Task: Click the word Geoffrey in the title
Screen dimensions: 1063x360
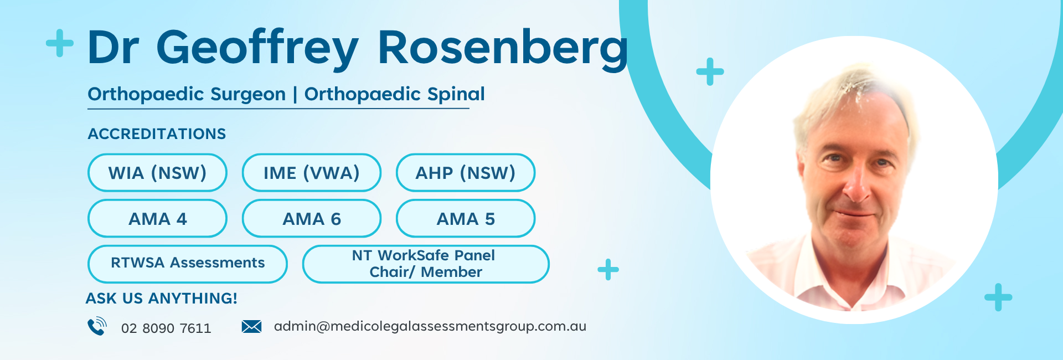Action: click(257, 49)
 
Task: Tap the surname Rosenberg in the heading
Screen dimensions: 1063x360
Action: click(503, 49)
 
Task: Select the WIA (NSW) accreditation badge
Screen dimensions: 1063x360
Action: click(157, 173)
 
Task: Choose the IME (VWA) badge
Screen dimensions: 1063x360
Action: click(312, 173)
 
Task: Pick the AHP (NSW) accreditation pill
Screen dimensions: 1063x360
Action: click(466, 173)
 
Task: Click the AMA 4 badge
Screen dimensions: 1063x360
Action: click(157, 219)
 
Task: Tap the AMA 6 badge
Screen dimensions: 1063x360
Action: click(312, 219)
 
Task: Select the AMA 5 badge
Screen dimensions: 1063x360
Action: click(466, 219)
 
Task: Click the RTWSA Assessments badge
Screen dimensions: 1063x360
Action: click(188, 264)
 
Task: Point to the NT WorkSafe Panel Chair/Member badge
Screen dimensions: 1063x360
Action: click(426, 264)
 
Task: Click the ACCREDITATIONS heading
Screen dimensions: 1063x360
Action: click(157, 134)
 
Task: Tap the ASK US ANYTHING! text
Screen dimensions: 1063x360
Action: click(161, 299)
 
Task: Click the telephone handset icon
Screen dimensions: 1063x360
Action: click(97, 326)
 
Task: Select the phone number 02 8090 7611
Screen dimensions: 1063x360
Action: click(166, 328)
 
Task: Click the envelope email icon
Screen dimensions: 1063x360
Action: click(251, 326)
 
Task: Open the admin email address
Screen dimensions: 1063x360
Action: click(430, 326)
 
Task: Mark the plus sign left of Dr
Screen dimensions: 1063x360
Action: click(60, 43)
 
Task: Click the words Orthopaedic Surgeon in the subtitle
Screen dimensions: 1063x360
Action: click(187, 94)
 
